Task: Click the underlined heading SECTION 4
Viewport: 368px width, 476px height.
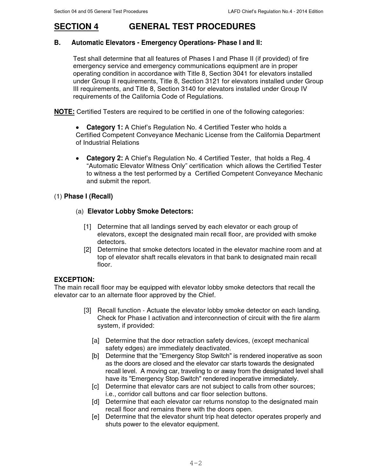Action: pyautogui.click(x=76, y=27)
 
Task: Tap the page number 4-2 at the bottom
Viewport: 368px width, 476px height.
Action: pyautogui.click(x=196, y=463)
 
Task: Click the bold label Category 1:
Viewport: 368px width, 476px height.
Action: pyautogui.click(x=104, y=128)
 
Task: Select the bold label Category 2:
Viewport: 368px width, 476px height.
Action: pyautogui.click(x=104, y=158)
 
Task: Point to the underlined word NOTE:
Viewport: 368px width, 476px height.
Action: pyautogui.click(x=64, y=112)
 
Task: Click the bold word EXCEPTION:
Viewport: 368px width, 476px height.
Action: pyautogui.click(x=74, y=280)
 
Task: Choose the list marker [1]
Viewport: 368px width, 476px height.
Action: pyautogui.click(x=88, y=227)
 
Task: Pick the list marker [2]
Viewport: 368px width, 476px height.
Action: pyautogui.click(x=88, y=250)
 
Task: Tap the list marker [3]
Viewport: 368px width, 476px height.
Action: pyautogui.click(x=88, y=311)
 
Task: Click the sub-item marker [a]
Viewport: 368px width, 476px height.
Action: pyautogui.click(x=96, y=341)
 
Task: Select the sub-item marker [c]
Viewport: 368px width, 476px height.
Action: pyautogui.click(x=96, y=387)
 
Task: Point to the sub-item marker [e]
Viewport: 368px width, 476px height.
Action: pyautogui.click(x=96, y=417)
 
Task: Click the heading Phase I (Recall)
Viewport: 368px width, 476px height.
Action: pyautogui.click(x=88, y=197)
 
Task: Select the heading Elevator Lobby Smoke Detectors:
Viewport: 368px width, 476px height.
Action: pyautogui.click(x=140, y=212)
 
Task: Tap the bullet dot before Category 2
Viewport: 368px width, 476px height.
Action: pyautogui.click(x=77, y=158)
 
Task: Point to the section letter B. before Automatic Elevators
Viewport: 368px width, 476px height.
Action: pyautogui.click(x=57, y=43)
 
